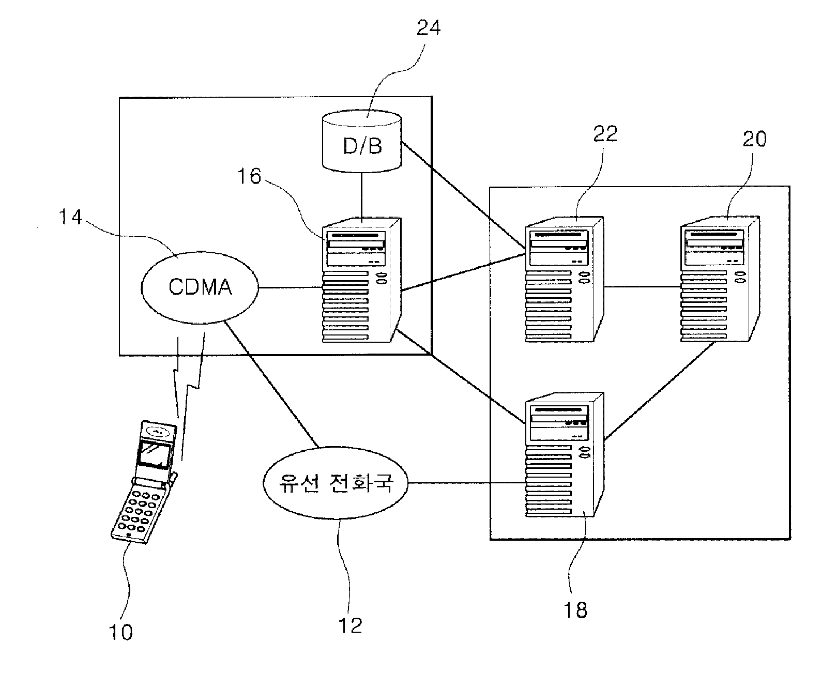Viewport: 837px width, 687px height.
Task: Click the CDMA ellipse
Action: (200, 287)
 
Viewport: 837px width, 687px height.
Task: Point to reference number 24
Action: (429, 27)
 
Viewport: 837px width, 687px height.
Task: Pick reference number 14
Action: (70, 217)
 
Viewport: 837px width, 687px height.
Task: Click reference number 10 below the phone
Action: (120, 632)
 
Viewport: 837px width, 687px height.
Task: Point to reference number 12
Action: (350, 625)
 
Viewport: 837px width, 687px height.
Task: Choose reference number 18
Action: (575, 610)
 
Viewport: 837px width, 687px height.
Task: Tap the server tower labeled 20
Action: (720, 279)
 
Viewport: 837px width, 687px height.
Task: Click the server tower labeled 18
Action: (565, 455)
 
